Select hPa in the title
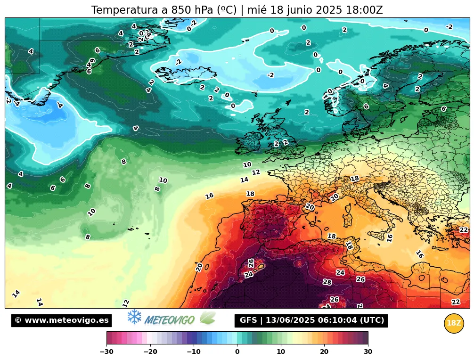coord(191,10)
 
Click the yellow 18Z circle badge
coord(454,323)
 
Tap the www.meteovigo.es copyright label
coord(61,320)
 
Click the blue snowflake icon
coord(135,317)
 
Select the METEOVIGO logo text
coord(170,320)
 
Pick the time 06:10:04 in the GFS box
coord(337,320)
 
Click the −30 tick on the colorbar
coord(106,351)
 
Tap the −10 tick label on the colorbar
coord(194,351)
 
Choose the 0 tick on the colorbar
coord(237,351)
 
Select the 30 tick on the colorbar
coord(368,351)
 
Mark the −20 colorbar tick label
coord(150,351)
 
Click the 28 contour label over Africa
coord(327,282)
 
